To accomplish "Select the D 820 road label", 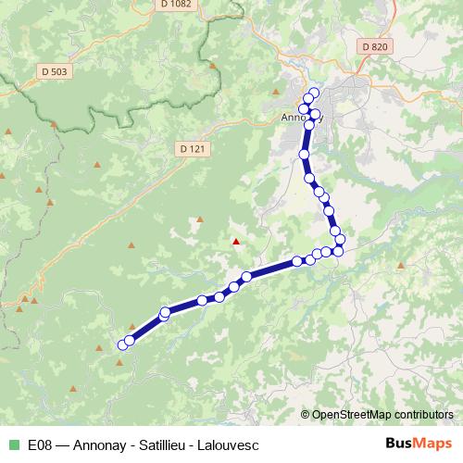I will coord(374,46).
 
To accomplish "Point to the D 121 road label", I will coord(192,147).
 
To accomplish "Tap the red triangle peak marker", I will coord(236,243).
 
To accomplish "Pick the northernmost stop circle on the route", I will coord(313,93).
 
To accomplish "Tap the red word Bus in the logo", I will coord(399,444).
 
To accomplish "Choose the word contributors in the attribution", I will coord(423,414).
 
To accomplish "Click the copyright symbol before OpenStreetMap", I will coord(307,414).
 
